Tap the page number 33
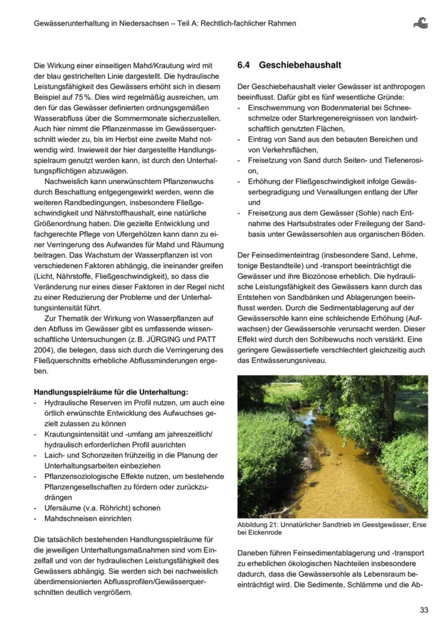[x=424, y=610]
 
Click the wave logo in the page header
[x=421, y=23]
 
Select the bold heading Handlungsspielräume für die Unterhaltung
[x=111, y=392]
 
